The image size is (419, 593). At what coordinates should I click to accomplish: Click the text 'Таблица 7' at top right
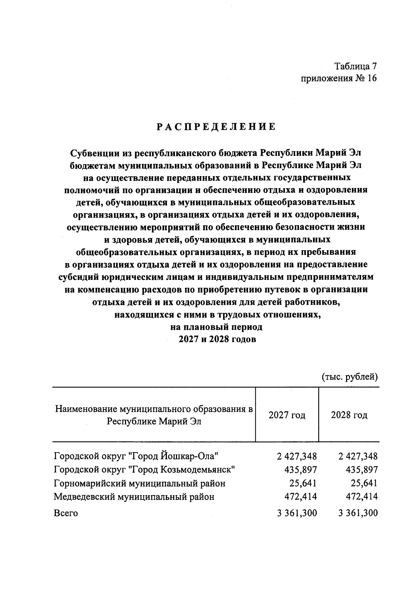click(x=356, y=66)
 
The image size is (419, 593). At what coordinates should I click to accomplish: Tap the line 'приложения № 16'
click(x=339, y=79)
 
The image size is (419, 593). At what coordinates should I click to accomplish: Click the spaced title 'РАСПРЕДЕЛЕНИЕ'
click(x=216, y=127)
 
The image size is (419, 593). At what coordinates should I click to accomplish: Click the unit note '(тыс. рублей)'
click(x=350, y=377)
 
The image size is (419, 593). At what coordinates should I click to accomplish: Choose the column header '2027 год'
click(x=287, y=415)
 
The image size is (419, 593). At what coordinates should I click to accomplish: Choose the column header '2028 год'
click(x=349, y=415)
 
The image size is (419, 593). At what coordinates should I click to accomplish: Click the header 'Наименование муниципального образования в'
click(x=154, y=409)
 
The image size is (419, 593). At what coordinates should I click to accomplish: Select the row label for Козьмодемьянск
click(x=144, y=469)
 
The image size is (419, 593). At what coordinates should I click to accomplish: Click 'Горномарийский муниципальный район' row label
click(x=140, y=483)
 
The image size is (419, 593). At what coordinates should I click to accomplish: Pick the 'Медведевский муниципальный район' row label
click(x=134, y=497)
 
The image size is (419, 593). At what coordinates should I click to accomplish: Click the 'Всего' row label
click(x=66, y=513)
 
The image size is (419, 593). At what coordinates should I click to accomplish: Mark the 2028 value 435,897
click(x=361, y=469)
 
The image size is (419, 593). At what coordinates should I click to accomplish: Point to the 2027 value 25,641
click(x=302, y=483)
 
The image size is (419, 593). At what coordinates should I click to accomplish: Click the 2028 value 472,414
click(x=361, y=497)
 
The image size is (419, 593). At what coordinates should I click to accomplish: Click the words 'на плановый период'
click(x=216, y=327)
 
